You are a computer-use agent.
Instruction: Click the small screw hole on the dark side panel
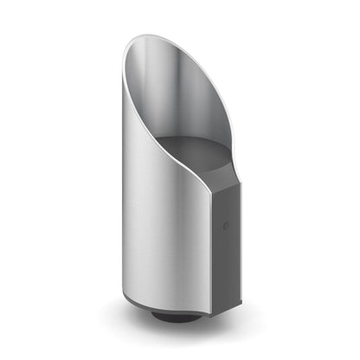[x=227, y=227]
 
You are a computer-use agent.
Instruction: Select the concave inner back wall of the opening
[x=173, y=95]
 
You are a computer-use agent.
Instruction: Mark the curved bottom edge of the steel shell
[x=164, y=306]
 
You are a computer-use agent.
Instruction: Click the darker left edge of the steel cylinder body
[x=125, y=216]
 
